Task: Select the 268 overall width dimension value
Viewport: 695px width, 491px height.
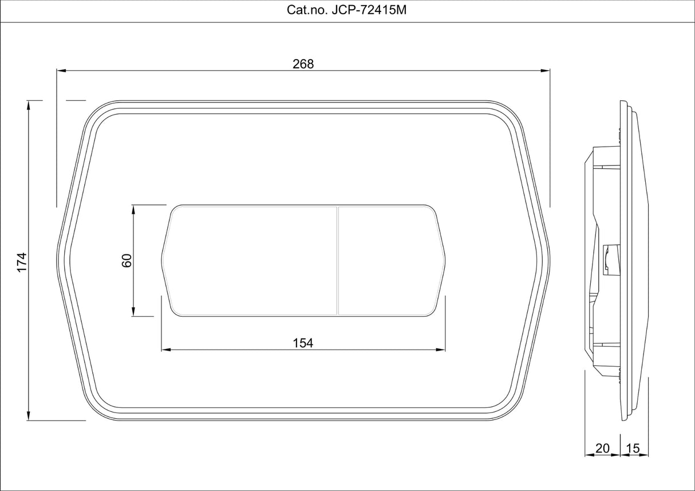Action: click(303, 64)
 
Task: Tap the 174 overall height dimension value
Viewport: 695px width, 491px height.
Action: click(21, 261)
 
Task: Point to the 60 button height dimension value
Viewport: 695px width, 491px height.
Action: click(127, 260)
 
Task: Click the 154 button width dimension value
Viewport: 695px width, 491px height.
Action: click(303, 343)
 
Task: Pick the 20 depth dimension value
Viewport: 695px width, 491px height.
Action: click(602, 449)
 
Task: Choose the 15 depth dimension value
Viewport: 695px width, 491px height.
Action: click(633, 449)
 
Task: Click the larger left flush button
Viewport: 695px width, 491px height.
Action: click(252, 261)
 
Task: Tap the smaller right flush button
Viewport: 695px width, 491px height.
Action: click(389, 261)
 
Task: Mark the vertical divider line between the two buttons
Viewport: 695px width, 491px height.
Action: click(338, 261)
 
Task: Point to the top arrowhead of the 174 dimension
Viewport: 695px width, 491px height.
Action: click(28, 105)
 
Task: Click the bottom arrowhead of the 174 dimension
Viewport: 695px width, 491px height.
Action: click(28, 416)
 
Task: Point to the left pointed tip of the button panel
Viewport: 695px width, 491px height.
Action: click(163, 261)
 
